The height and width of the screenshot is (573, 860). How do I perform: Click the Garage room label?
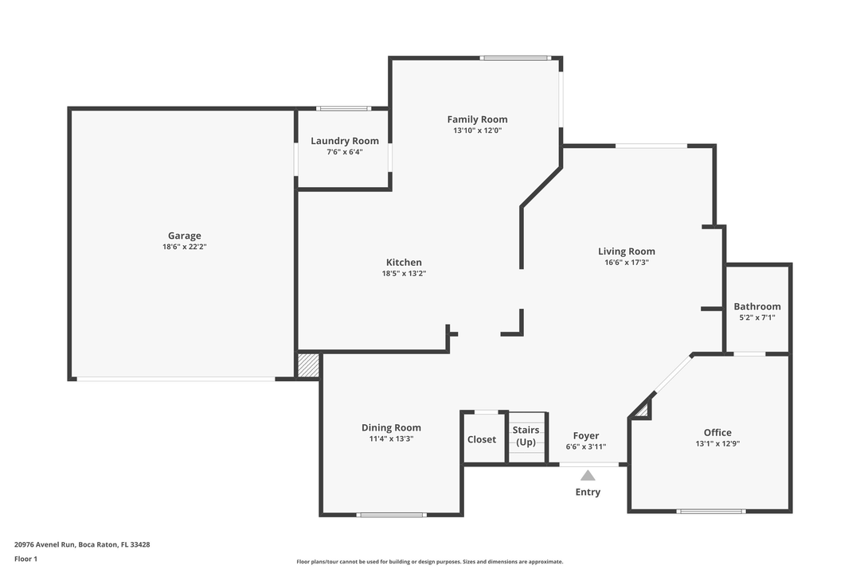click(184, 236)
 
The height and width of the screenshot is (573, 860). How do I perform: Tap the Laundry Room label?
click(344, 141)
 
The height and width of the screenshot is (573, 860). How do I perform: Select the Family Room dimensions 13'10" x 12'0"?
click(477, 131)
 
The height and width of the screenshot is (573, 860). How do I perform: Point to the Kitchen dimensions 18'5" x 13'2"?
click(404, 274)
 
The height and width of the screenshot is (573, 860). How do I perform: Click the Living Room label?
click(626, 251)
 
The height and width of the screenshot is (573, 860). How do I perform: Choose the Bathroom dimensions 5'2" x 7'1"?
click(756, 318)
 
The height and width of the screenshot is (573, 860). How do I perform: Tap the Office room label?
click(717, 433)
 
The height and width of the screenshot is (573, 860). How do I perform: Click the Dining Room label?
click(391, 427)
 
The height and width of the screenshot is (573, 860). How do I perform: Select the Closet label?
click(482, 439)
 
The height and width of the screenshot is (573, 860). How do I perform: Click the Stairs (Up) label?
click(526, 436)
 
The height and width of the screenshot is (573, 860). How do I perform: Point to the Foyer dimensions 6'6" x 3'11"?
click(586, 447)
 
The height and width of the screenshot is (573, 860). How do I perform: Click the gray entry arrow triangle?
click(588, 476)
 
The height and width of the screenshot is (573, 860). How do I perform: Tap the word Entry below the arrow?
click(588, 492)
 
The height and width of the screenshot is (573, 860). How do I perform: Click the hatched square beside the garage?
click(308, 365)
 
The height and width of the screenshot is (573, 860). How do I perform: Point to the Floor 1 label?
click(25, 559)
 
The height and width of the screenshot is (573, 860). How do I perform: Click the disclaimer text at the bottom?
click(429, 562)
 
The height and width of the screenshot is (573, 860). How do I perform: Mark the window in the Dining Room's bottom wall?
click(391, 514)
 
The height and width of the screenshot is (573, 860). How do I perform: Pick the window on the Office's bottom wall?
click(710, 511)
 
